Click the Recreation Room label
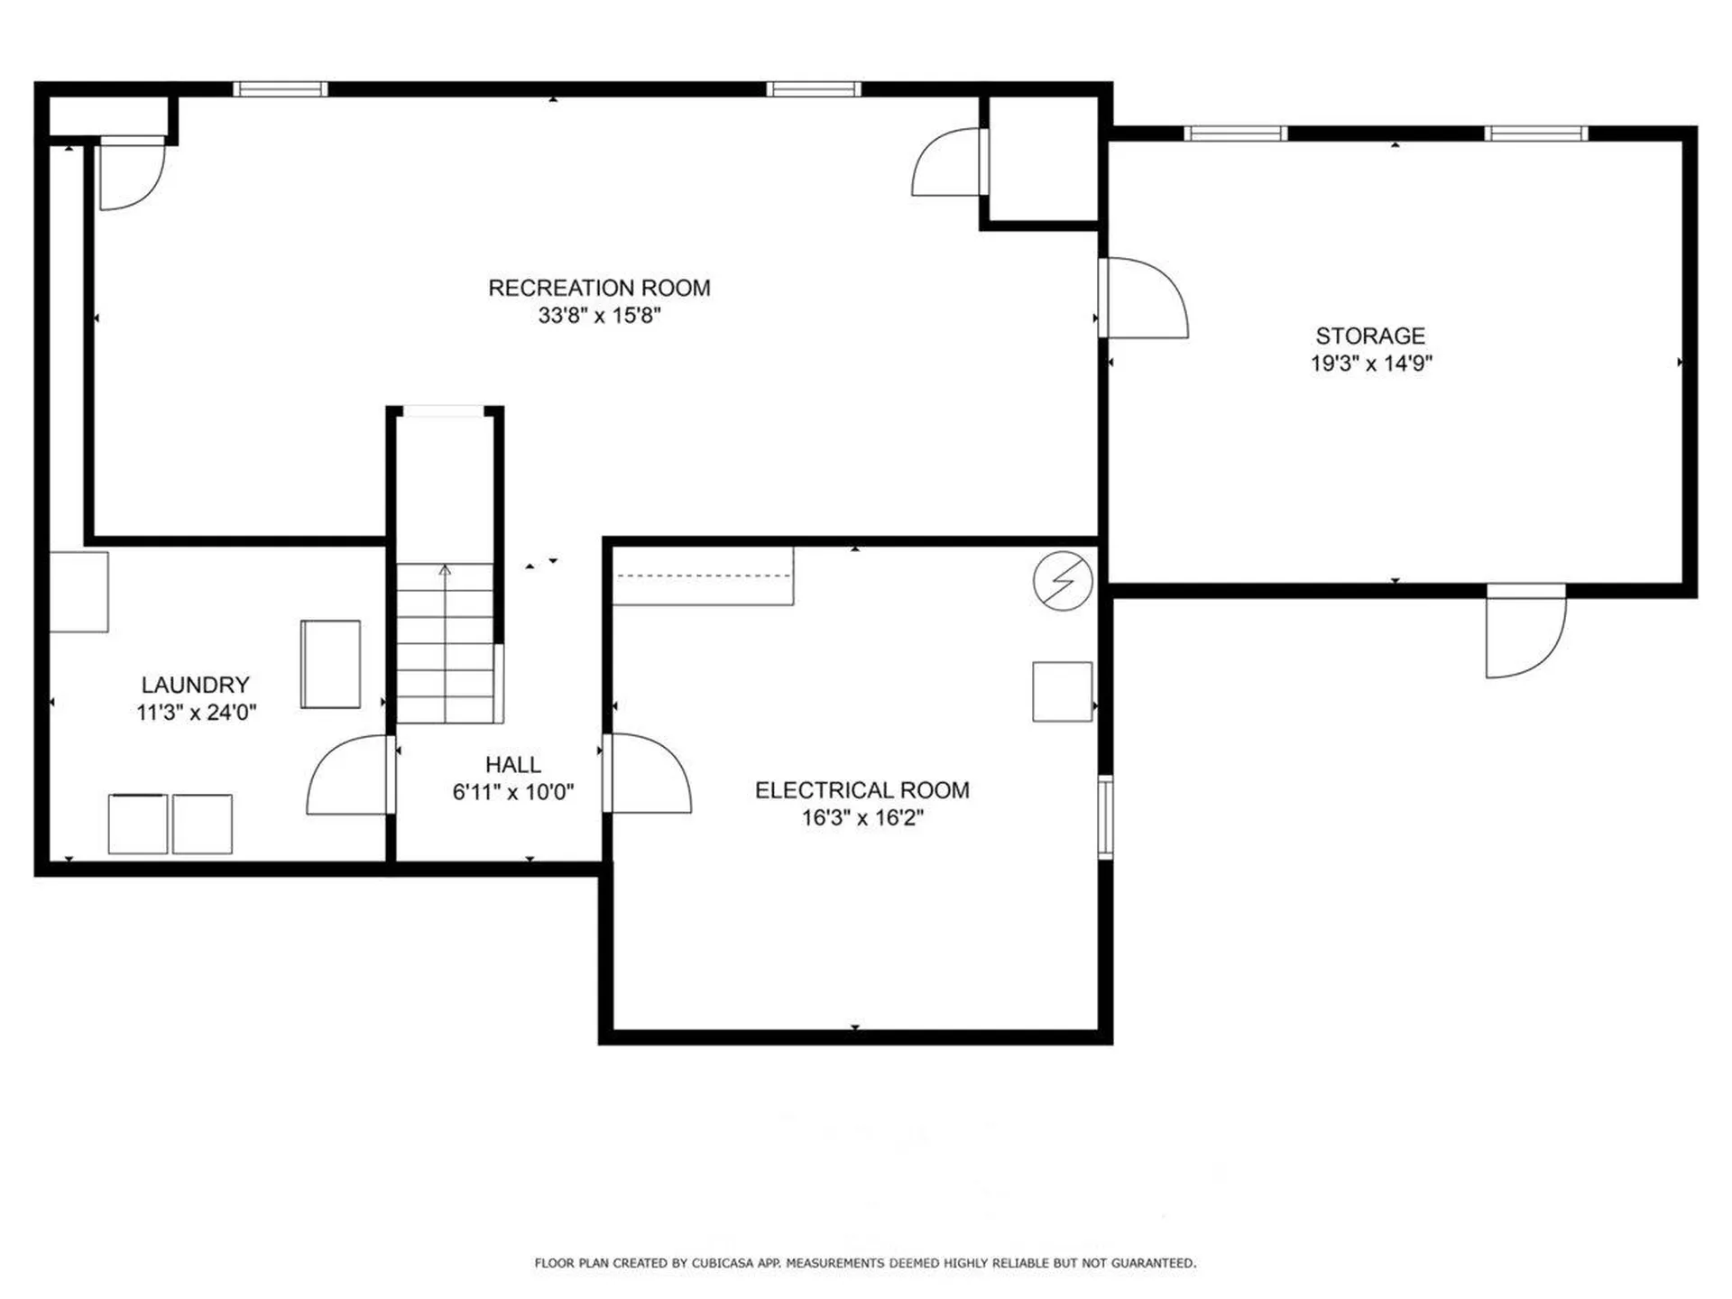599,288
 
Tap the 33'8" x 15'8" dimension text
599,315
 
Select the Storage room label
1370,336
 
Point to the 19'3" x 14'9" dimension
1371,363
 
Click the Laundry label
195,685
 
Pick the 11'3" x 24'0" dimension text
196,712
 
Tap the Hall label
512,764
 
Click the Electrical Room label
861,790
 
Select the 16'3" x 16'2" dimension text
862,817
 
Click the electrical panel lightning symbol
1064,581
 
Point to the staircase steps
446,642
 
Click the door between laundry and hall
350,776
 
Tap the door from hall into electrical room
647,773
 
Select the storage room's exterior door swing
1526,631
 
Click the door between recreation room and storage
1143,298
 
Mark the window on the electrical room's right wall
1105,816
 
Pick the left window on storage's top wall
1235,134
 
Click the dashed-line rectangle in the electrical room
704,576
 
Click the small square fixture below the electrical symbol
1063,692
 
